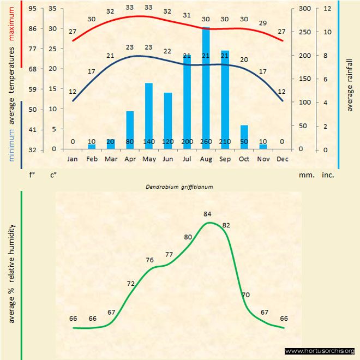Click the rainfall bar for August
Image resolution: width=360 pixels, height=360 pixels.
[x=206, y=87]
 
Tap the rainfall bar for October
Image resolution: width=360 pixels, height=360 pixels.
[x=244, y=137]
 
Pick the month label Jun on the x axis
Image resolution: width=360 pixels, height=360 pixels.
[x=167, y=159]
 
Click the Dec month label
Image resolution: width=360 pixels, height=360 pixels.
[x=282, y=159]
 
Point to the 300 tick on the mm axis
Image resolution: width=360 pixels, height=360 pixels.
[x=304, y=9]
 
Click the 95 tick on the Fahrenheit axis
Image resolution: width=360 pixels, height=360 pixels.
[x=33, y=9]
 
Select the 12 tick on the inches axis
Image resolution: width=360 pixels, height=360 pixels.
[x=327, y=9]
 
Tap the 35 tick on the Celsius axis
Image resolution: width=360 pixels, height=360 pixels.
[x=52, y=9]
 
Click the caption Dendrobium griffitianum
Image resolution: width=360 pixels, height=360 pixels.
[x=179, y=186]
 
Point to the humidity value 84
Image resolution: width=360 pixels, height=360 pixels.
[x=207, y=214]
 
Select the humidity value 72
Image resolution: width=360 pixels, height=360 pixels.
[x=131, y=284]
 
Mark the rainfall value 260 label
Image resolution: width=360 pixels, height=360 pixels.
[x=206, y=142]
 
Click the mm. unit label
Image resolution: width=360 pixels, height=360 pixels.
[x=305, y=176]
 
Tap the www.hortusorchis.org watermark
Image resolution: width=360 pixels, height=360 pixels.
[x=320, y=351]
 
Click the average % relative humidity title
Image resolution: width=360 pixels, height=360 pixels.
[x=11, y=273]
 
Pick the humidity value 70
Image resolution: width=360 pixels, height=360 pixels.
[x=245, y=295]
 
